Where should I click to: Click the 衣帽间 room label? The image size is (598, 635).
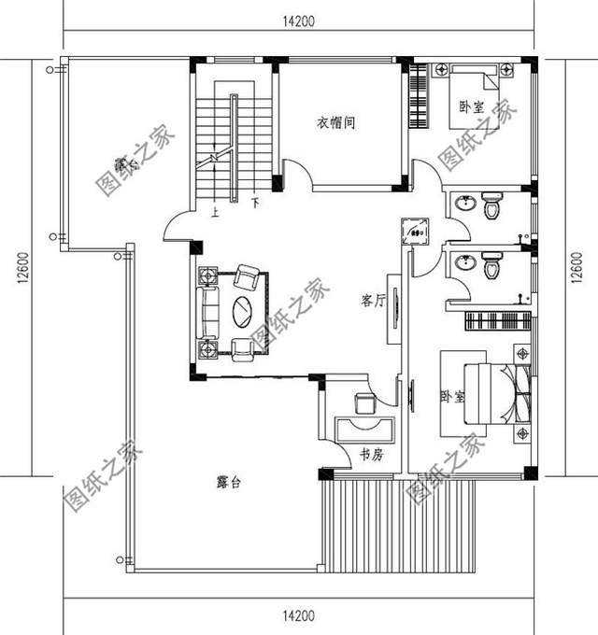click(335, 123)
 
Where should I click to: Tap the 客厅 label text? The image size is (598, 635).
click(374, 301)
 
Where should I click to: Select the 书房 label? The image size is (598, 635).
click(371, 455)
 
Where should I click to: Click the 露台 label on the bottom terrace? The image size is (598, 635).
click(230, 483)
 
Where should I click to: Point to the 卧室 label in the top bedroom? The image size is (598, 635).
click(472, 106)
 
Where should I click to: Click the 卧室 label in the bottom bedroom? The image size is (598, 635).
click(452, 398)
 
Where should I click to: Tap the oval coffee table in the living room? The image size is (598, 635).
click(243, 311)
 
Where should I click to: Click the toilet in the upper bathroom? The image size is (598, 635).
click(492, 207)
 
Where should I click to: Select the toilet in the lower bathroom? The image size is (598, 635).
click(492, 268)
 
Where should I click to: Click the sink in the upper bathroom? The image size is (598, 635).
click(464, 205)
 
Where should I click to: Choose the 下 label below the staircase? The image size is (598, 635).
click(254, 200)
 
